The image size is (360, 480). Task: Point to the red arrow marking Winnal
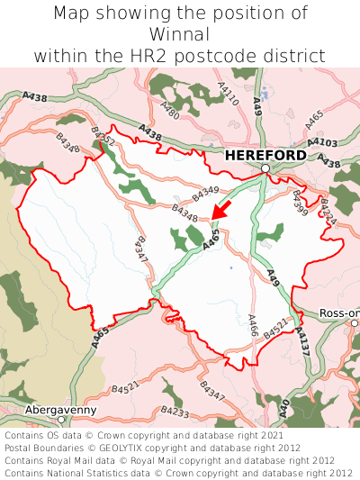(x=220, y=210)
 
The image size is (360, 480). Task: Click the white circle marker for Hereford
(x=265, y=168)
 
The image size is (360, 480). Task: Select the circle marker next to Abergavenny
(x=61, y=420)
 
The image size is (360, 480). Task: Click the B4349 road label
(x=205, y=191)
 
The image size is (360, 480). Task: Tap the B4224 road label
(x=328, y=215)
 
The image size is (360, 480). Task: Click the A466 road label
(x=253, y=325)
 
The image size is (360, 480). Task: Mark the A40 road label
(x=284, y=407)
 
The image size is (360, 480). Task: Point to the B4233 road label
(x=175, y=412)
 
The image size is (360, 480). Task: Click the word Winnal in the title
(x=180, y=34)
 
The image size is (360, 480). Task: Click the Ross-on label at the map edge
(x=339, y=313)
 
